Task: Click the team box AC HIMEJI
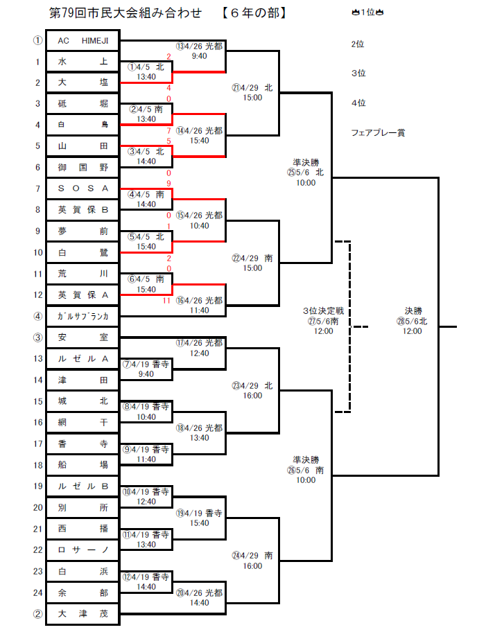[x=83, y=41]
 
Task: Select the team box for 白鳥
[x=83, y=125]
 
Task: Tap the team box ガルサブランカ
[x=83, y=317]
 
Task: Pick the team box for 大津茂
[x=83, y=614]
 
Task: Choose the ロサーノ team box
[x=83, y=550]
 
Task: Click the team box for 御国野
[x=83, y=168]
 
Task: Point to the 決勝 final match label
[x=413, y=316]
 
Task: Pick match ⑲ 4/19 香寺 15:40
[x=199, y=518]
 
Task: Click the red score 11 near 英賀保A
[x=166, y=301]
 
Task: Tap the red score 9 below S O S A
[x=168, y=184]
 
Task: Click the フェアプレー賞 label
[x=378, y=132]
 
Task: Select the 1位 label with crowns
[x=368, y=13]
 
